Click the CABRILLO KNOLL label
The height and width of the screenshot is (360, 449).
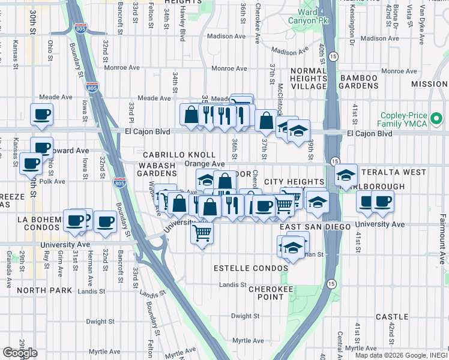click(x=170, y=155)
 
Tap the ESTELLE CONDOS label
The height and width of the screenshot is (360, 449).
click(x=244, y=268)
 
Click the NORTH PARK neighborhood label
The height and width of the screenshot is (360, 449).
click(x=44, y=290)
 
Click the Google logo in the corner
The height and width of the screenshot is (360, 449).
click(x=20, y=352)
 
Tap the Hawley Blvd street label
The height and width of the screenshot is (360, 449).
click(x=182, y=29)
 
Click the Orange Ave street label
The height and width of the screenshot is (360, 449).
click(x=204, y=164)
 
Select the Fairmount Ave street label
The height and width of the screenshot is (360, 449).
click(x=442, y=249)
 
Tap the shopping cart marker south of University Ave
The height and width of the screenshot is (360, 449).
click(x=202, y=233)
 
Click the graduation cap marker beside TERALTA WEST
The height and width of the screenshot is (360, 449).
click(x=345, y=175)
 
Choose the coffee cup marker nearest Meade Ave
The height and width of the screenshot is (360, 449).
click(x=41, y=115)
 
